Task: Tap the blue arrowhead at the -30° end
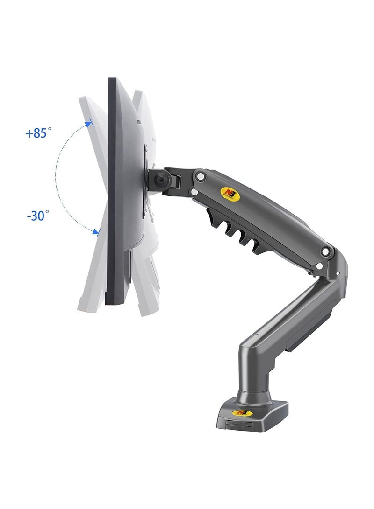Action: click(x=96, y=231)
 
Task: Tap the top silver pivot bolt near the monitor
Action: click(x=200, y=176)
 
